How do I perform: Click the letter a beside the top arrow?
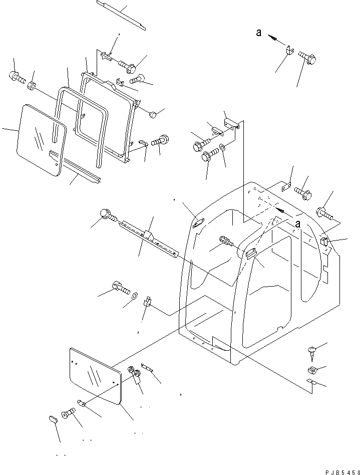[258, 33]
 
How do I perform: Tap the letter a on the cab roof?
[297, 225]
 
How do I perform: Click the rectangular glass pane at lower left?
[95, 375]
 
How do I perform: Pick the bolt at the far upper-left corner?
[15, 78]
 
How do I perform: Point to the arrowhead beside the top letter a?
[273, 37]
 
